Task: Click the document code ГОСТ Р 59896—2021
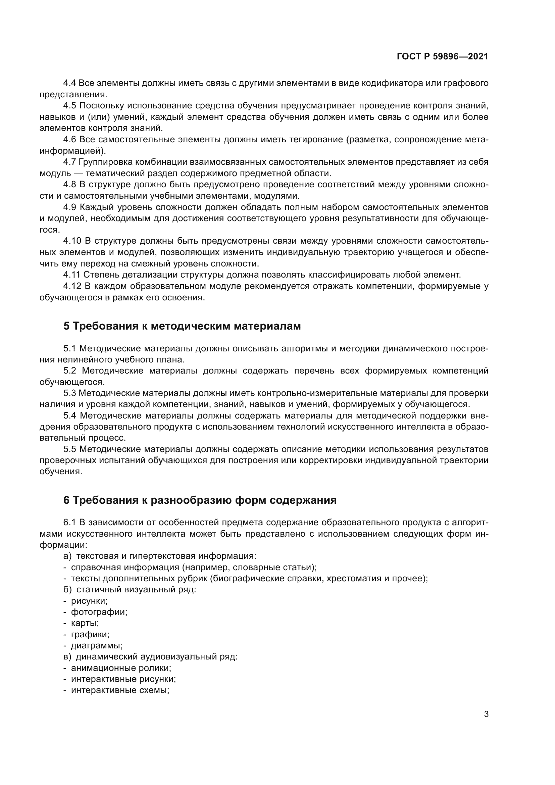[x=442, y=57]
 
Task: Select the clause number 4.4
[x=70, y=83]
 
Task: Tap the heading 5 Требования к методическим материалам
[x=182, y=326]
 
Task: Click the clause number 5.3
[x=70, y=394]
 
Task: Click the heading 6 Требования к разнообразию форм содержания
[x=200, y=500]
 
